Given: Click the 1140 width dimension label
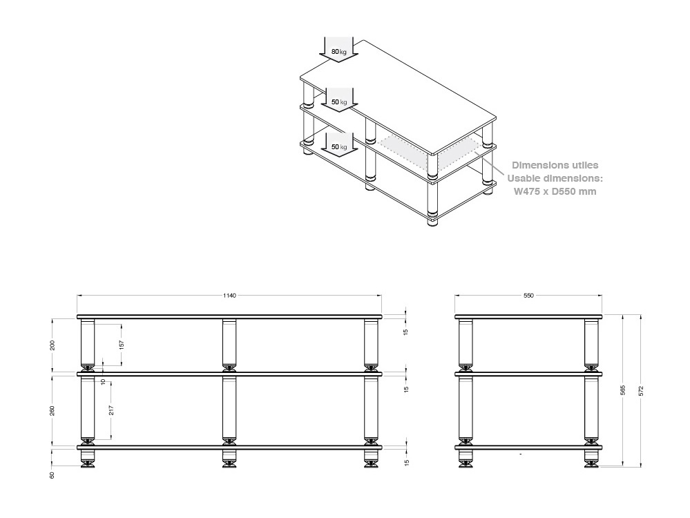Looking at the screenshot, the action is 229,296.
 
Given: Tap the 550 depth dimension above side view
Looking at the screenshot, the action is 528,296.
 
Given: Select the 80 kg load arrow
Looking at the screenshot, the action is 338,49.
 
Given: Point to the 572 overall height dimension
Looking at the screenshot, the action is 641,390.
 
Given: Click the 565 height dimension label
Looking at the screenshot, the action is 623,390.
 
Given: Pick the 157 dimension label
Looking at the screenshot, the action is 122,345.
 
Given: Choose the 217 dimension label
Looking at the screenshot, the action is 112,410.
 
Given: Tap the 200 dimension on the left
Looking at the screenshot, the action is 52,345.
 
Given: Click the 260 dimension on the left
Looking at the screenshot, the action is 52,411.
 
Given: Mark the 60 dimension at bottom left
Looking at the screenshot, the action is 52,475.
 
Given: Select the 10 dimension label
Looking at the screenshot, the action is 103,381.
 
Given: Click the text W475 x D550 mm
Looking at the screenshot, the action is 555,191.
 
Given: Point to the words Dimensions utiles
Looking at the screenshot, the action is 555,165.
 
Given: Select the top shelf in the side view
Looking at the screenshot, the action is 528,317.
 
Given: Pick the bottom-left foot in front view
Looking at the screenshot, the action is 88,459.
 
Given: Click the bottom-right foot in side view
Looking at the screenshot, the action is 591,459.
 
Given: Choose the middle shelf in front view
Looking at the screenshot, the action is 229,374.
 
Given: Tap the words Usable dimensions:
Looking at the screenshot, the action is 555,178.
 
